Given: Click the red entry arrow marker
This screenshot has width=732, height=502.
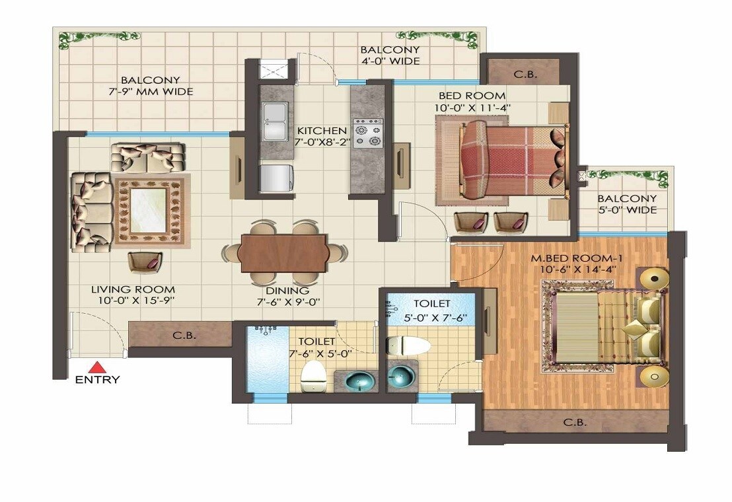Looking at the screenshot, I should [97, 367].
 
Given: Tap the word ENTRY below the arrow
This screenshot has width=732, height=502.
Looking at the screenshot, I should [97, 380].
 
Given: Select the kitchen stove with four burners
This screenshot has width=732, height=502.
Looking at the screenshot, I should [367, 131].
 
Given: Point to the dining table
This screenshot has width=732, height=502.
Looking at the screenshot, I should [283, 253].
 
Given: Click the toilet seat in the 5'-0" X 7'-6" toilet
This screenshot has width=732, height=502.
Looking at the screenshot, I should [407, 345].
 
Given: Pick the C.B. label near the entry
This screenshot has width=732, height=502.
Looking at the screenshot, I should [184, 335].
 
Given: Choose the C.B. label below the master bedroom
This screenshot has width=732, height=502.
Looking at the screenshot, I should [575, 422].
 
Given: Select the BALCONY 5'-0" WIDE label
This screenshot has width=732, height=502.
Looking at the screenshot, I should [627, 204].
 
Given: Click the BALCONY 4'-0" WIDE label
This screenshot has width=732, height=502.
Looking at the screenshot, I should [389, 55].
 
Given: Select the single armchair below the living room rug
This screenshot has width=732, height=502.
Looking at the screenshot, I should [145, 262].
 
